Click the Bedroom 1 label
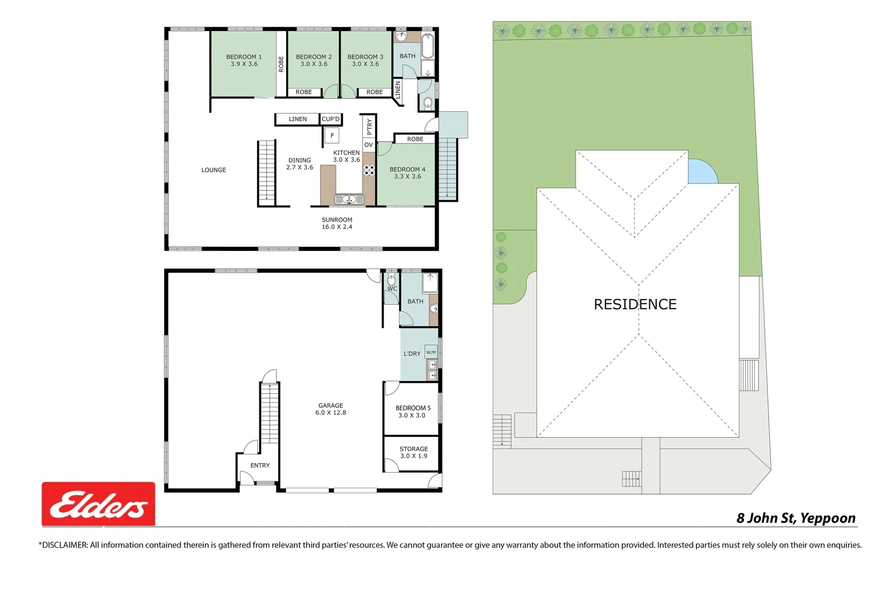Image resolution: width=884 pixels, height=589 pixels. (x=244, y=60)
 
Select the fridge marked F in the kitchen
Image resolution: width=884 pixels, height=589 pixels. (x=332, y=135)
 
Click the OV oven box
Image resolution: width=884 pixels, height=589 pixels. (x=368, y=145)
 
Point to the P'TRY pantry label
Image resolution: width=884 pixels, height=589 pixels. (x=369, y=126)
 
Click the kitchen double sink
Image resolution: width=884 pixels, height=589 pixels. (x=349, y=200)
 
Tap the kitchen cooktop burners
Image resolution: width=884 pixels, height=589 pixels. (x=369, y=170)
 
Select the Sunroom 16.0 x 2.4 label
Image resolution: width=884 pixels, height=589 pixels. (x=337, y=223)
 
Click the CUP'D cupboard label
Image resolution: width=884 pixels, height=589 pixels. (x=330, y=119)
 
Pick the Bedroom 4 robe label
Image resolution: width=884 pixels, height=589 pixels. (x=415, y=139)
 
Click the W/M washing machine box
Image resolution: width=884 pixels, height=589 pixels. (x=431, y=352)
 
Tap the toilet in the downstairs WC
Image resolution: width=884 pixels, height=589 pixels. (x=391, y=281)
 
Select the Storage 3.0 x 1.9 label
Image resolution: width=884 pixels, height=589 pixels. (x=413, y=452)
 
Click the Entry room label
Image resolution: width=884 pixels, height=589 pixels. (x=260, y=465)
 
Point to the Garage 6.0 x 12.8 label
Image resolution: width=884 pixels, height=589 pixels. (x=330, y=409)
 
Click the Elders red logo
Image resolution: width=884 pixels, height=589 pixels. (x=99, y=504)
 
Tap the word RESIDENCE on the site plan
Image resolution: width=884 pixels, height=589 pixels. (x=635, y=304)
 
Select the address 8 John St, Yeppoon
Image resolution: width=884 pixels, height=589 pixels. (x=796, y=518)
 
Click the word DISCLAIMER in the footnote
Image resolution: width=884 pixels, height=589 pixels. (x=64, y=545)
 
